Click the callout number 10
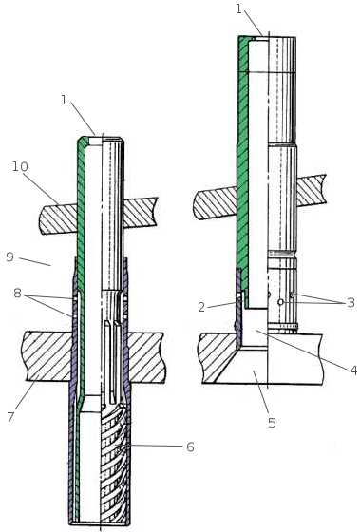pyautogui.click(x=20, y=167)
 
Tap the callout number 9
pyautogui.click(x=9, y=256)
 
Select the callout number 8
pyautogui.click(x=18, y=293)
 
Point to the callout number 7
pyautogui.click(x=11, y=416)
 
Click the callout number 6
pyautogui.click(x=190, y=446)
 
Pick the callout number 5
pyautogui.click(x=272, y=423)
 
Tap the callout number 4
pyautogui.click(x=353, y=370)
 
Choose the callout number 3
pyautogui.click(x=351, y=302)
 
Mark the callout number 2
pyautogui.click(x=201, y=308)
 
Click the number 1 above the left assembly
pyautogui.click(x=64, y=100)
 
